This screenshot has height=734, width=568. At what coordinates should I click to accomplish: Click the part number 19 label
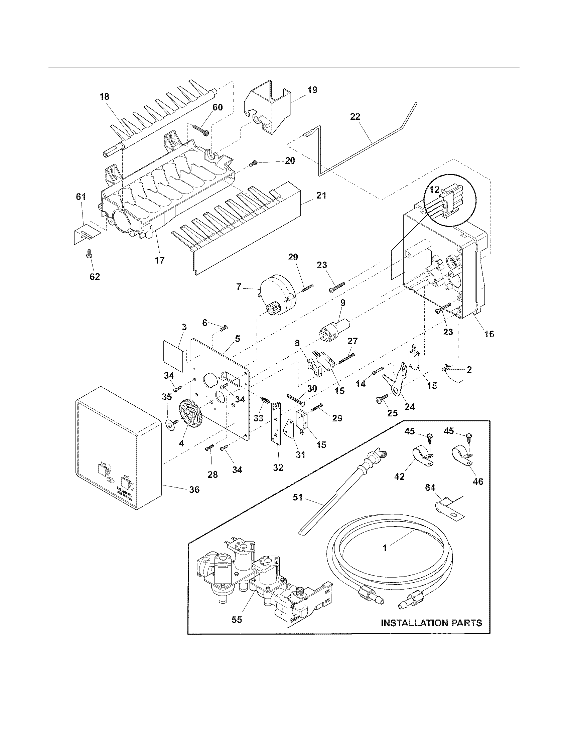click(x=312, y=90)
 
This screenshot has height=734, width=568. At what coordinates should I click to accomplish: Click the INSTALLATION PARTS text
click(x=431, y=623)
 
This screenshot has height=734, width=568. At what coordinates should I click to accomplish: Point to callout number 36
click(x=194, y=489)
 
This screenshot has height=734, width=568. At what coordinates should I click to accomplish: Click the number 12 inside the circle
click(x=434, y=190)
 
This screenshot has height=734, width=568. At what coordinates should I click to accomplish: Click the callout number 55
click(x=237, y=620)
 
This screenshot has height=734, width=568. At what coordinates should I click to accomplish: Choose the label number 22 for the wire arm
click(x=355, y=117)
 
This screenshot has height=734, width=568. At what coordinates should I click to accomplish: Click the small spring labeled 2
click(x=445, y=368)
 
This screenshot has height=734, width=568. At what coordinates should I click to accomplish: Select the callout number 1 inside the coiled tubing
click(x=385, y=548)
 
